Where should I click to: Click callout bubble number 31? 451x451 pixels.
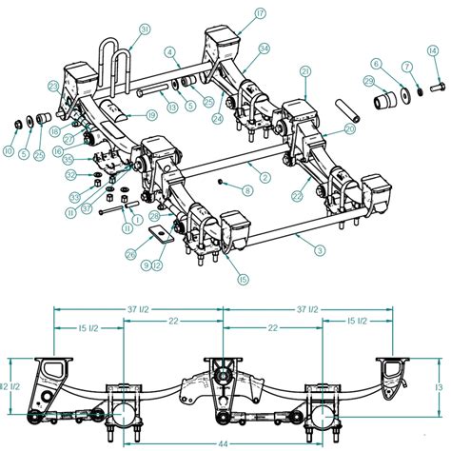[x=145, y=29]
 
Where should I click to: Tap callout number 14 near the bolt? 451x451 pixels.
[x=434, y=49]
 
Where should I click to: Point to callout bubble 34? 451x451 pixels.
[x=265, y=49]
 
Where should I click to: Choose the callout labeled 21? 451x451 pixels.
[x=306, y=71]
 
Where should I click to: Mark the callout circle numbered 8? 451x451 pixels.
[x=247, y=190]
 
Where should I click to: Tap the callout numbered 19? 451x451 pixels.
[x=152, y=115]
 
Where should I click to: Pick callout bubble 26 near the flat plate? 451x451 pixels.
[x=130, y=253]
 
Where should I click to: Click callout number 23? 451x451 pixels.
[x=54, y=87]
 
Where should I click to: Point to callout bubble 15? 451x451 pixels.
[x=244, y=279]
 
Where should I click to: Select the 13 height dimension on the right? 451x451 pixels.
[x=439, y=388]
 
